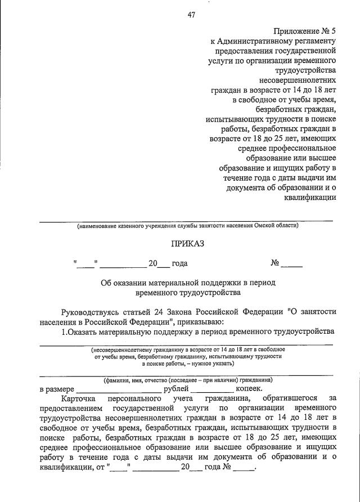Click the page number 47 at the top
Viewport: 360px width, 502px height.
click(x=191, y=16)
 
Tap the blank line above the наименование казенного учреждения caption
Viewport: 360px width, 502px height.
click(x=186, y=219)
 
